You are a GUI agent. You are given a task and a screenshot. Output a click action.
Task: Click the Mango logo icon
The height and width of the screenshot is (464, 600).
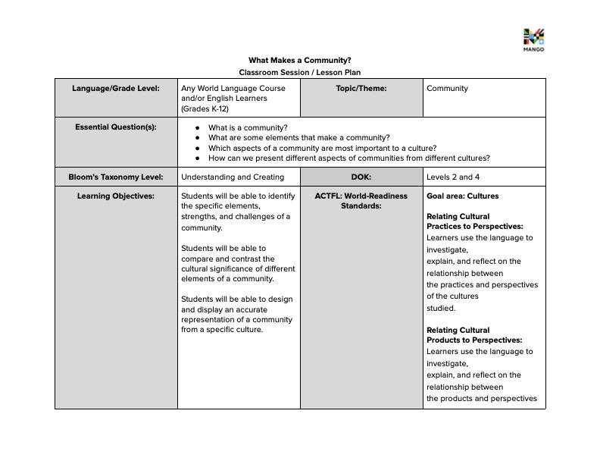click(x=533, y=37)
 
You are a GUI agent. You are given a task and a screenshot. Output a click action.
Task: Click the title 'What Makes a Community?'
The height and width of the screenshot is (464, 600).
click(x=300, y=60)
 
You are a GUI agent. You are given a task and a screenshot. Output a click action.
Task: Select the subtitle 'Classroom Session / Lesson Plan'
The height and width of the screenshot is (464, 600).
click(x=300, y=72)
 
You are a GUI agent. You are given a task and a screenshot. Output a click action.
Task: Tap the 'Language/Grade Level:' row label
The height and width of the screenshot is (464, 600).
click(x=116, y=88)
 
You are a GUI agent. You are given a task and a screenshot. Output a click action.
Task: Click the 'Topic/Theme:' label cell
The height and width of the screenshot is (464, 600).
click(x=361, y=88)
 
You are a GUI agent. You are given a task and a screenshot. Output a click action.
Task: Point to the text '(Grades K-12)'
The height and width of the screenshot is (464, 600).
click(x=205, y=109)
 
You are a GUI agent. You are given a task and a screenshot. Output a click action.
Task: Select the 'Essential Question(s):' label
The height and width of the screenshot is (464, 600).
click(x=116, y=127)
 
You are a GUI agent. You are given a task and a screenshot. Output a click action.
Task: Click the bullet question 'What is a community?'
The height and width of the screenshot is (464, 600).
click(x=248, y=127)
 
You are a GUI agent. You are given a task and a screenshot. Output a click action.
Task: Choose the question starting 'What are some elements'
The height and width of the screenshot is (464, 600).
click(x=298, y=138)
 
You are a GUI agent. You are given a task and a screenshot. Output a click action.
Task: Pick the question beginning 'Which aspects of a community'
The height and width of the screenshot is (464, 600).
click(x=322, y=148)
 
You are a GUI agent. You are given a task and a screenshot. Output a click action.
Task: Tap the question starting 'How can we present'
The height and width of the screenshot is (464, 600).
click(x=348, y=158)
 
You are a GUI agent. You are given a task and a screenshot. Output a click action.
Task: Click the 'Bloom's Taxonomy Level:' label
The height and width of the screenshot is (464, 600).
click(x=116, y=177)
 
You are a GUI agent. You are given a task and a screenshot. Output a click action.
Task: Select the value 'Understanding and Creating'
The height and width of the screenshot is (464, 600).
click(x=233, y=177)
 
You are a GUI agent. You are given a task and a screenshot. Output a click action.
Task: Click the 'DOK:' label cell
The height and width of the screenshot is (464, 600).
click(x=361, y=177)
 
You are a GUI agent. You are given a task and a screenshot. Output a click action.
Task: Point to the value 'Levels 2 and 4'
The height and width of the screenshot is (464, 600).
click(x=453, y=177)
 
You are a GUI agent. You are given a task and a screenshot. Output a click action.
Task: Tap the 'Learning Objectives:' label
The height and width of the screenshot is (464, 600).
click(x=116, y=196)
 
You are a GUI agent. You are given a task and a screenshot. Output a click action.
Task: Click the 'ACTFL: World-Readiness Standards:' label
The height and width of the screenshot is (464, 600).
click(x=361, y=200)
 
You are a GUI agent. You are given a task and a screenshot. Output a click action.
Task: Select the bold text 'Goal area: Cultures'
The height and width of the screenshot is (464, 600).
click(x=462, y=196)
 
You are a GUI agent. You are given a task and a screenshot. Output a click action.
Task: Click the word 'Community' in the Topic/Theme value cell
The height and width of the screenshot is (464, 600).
click(x=447, y=88)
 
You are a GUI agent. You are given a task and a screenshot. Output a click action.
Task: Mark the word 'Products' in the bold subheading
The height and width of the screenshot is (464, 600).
click(x=445, y=340)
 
